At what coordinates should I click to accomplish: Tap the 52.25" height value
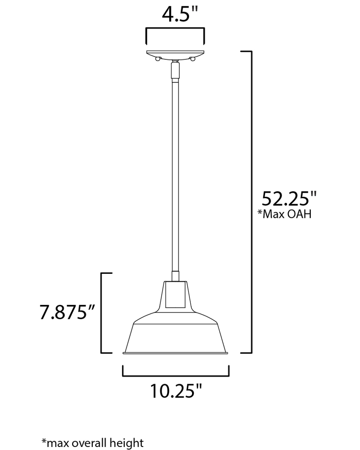[x=289, y=198]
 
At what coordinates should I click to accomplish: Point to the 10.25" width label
[x=176, y=390]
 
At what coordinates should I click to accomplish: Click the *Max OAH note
[x=284, y=214]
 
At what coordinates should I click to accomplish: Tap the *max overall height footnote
[x=92, y=443]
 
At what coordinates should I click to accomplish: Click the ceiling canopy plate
[x=175, y=54]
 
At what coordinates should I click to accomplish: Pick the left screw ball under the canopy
[x=157, y=59]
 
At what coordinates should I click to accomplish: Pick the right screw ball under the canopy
[x=193, y=59]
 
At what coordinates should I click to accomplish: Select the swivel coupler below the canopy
[x=175, y=70]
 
